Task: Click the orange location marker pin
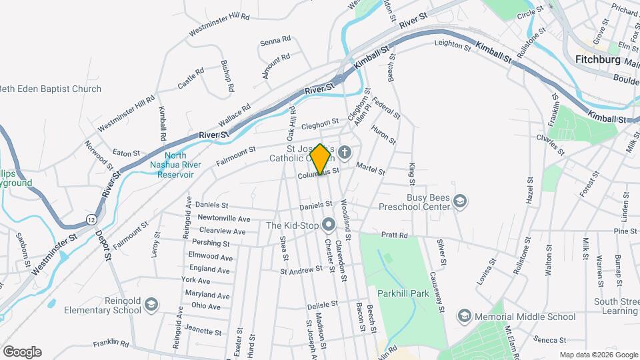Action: (320, 159)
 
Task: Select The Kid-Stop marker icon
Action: (328, 225)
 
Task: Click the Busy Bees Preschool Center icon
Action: (459, 201)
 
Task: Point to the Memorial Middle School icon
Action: (464, 316)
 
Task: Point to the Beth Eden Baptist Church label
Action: (51, 89)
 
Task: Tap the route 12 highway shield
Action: (91, 219)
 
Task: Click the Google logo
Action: (22, 351)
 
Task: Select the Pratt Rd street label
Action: (394, 235)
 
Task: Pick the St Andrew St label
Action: (301, 270)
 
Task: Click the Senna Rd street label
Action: (275, 41)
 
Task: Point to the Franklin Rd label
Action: (111, 343)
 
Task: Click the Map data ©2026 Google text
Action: (598, 354)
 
